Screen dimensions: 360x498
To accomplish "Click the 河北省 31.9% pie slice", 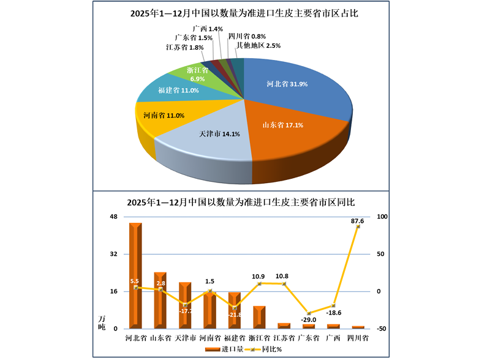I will point(294,92).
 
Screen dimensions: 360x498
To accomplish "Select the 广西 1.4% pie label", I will point(207,29).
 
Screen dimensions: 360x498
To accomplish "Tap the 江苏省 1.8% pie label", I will point(184,47).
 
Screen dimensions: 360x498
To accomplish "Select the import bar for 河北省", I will point(135,276).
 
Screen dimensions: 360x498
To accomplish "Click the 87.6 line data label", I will point(358,220).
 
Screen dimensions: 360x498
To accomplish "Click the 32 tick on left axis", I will point(113,254).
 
